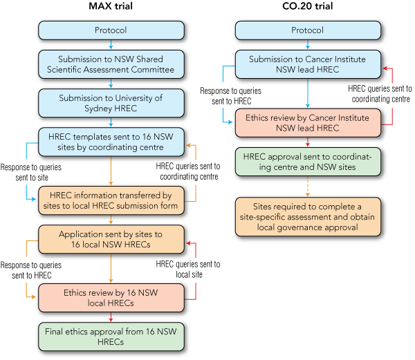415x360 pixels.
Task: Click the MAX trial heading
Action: [x=111, y=8]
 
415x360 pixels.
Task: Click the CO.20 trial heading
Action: [x=307, y=8]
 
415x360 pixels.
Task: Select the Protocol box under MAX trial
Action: [x=111, y=30]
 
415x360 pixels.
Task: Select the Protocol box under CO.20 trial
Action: [x=307, y=30]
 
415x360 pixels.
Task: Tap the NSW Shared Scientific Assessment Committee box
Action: [x=111, y=64]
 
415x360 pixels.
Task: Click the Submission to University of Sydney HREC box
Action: [x=111, y=103]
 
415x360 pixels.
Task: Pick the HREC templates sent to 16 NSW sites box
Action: [x=111, y=142]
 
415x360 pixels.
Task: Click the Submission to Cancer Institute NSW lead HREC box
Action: [x=307, y=64]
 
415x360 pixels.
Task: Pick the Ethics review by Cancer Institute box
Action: [x=307, y=122]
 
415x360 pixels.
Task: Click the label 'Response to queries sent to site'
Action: [x=30, y=172]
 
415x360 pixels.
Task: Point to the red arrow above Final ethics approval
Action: [x=111, y=316]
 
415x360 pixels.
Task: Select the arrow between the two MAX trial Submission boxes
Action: [x=111, y=83]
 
